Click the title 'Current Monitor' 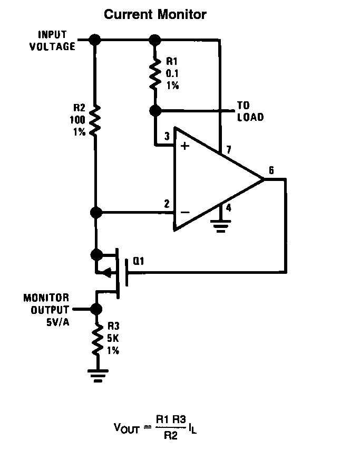pos(155,14)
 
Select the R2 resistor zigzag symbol pos(95,120)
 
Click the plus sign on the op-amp pos(184,146)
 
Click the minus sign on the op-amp pos(184,212)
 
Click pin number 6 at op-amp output pos(271,170)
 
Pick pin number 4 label pos(228,208)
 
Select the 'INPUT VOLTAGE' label pos(52,40)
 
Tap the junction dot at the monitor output pos(96,309)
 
